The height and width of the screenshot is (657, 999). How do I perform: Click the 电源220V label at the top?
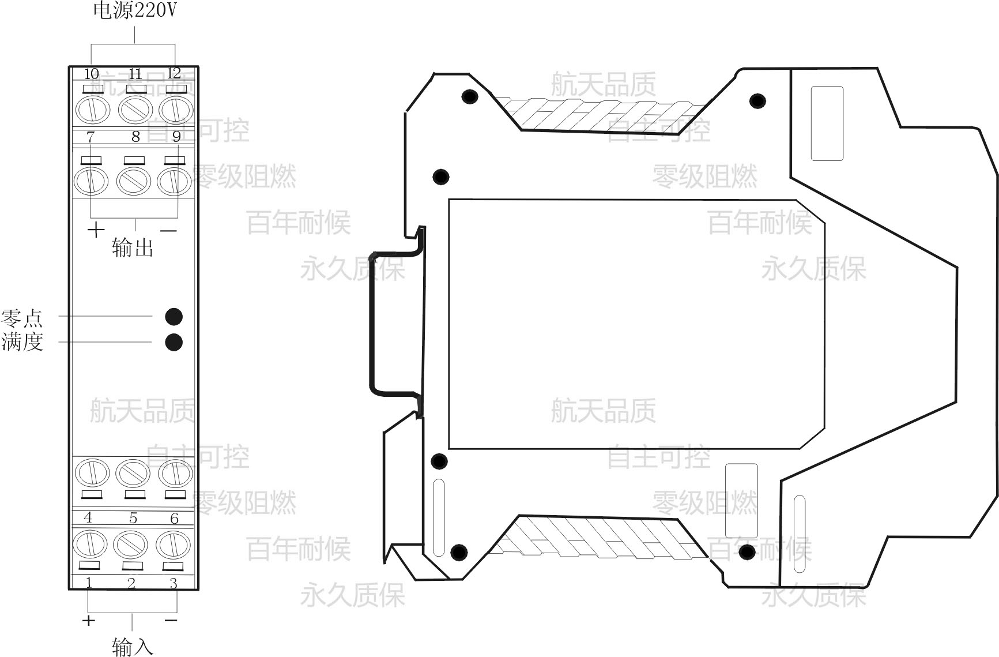click(x=135, y=12)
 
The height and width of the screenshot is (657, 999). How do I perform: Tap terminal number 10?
click(x=92, y=74)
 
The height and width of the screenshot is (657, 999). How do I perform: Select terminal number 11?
click(x=135, y=74)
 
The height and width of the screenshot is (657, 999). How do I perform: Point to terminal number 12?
click(x=174, y=73)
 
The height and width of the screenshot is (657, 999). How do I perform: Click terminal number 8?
click(x=135, y=137)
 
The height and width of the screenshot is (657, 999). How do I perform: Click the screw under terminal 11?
click(x=135, y=109)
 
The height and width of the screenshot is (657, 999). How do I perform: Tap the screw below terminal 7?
click(x=92, y=181)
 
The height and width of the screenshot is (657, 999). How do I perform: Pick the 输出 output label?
click(x=133, y=248)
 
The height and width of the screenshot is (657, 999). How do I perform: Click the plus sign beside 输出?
click(x=96, y=230)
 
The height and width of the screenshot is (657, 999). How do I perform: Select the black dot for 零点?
click(x=174, y=317)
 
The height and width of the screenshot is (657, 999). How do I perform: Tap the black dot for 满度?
click(x=174, y=342)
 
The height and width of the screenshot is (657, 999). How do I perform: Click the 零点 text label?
click(x=22, y=318)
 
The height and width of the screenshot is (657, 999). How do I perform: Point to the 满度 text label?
click(x=22, y=342)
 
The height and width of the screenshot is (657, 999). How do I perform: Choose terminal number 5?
click(x=133, y=518)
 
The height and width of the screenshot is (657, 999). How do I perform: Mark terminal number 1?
click(x=89, y=583)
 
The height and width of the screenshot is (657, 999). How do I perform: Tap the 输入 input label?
click(x=133, y=646)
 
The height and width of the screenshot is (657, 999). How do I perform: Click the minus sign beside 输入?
click(x=171, y=621)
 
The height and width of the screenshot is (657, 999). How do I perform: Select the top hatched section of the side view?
click(x=600, y=112)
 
